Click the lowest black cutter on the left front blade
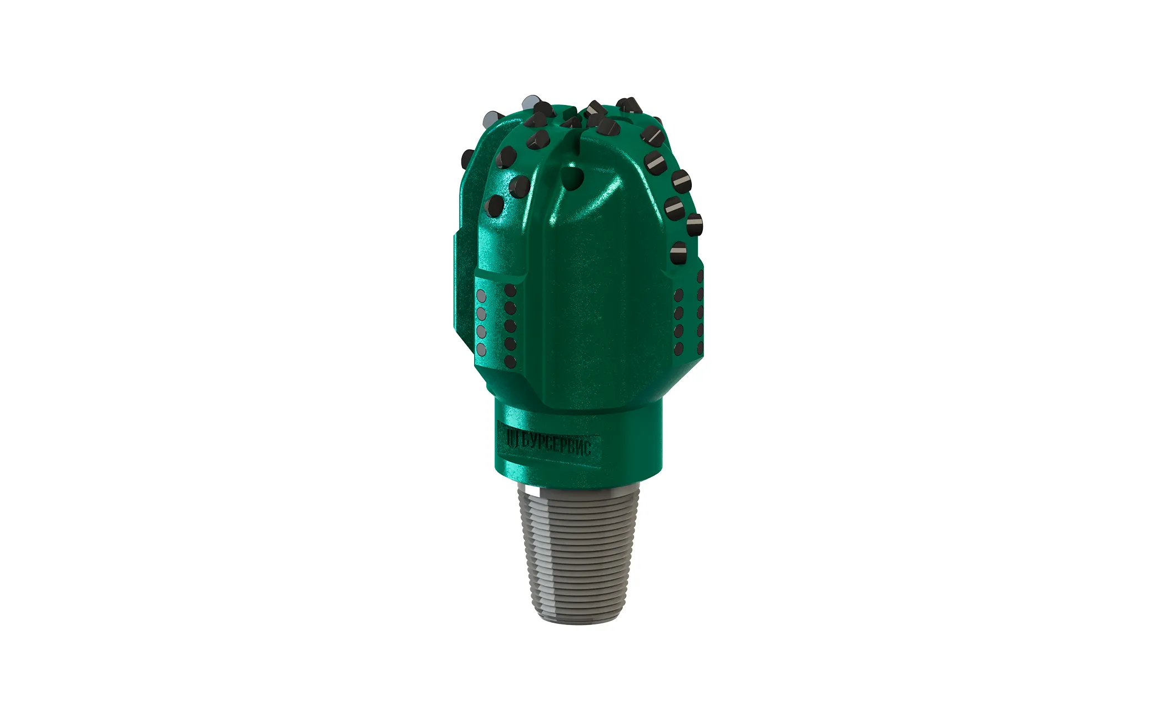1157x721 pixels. [494, 206]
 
